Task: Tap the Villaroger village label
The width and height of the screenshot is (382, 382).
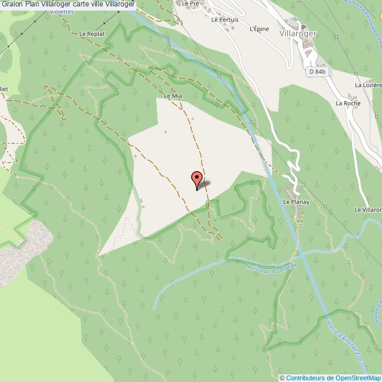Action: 296,34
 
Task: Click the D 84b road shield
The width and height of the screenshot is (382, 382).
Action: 316,72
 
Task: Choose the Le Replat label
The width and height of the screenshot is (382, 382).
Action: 92,34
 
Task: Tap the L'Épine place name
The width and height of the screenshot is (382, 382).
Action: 259,28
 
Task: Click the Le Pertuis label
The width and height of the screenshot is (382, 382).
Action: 225,19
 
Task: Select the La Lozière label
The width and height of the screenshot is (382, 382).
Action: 367,85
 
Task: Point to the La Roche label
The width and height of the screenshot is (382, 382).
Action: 347,103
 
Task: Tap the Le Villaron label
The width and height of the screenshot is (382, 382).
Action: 368,210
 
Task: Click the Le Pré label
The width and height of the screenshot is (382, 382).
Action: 189,3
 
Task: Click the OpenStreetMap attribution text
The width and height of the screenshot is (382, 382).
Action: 333,378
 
